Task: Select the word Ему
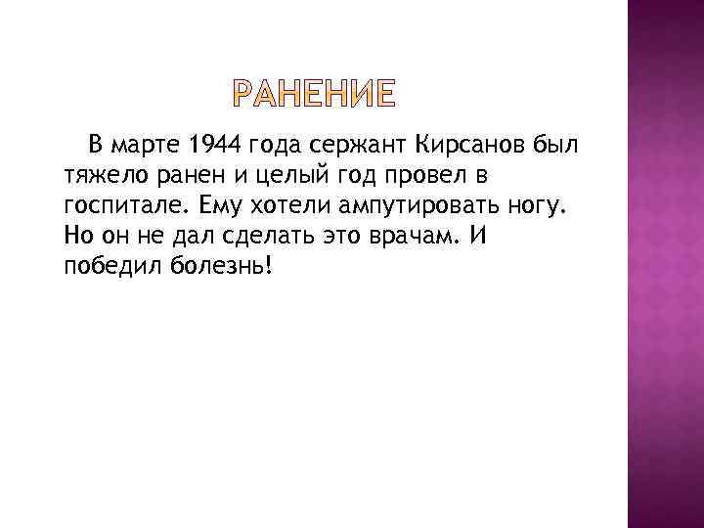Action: [x=221, y=207]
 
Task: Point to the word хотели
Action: [x=291, y=207]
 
